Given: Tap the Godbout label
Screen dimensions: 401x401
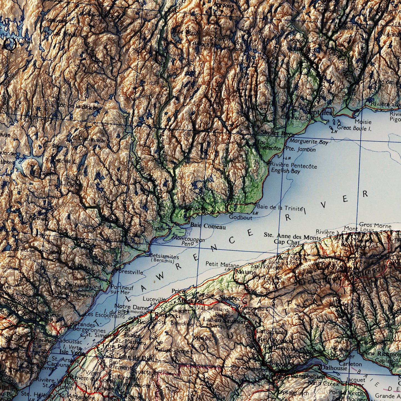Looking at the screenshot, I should [240, 218].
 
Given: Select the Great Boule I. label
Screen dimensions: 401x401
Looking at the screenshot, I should [354, 128].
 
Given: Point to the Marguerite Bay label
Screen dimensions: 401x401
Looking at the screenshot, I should [309, 142].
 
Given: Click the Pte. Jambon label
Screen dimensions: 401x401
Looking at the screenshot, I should [301, 149].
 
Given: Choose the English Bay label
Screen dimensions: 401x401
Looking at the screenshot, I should [286, 171].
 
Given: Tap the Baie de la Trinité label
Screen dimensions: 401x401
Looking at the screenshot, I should [279, 207].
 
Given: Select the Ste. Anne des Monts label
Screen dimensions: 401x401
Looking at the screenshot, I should [292, 236].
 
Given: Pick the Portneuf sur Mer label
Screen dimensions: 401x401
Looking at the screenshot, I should [122, 290].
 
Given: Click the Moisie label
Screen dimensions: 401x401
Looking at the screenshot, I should [363, 122].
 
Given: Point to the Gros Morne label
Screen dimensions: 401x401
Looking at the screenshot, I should [375, 225].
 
